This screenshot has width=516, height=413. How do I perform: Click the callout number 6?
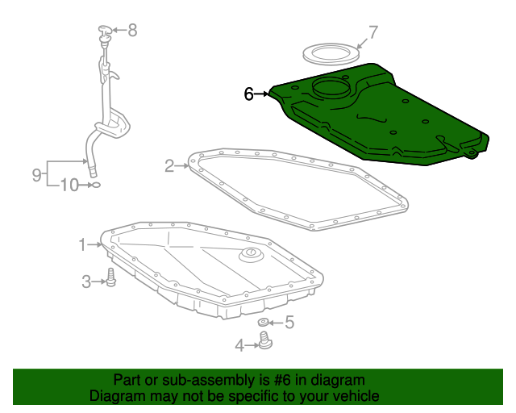click(249, 94)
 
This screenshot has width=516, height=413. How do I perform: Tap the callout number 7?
click(373, 32)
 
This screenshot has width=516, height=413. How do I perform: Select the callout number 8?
click(132, 31)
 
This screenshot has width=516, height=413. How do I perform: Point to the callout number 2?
click(169, 166)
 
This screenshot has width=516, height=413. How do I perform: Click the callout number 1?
click(82, 244)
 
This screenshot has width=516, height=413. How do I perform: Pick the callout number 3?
click(86, 282)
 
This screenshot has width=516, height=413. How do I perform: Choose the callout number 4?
click(239, 345)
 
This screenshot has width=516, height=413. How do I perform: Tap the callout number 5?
click(289, 323)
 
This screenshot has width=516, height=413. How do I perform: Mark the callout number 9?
click(36, 174)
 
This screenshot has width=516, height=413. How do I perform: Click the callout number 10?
click(70, 185)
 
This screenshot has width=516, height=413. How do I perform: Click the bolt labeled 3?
click(111, 277)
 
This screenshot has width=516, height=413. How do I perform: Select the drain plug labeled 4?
click(265, 341)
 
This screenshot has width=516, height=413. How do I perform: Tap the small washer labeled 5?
click(263, 322)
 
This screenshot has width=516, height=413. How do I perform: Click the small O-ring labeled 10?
click(95, 185)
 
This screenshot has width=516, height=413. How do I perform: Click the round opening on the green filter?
click(331, 87)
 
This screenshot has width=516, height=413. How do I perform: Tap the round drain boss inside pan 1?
click(252, 255)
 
